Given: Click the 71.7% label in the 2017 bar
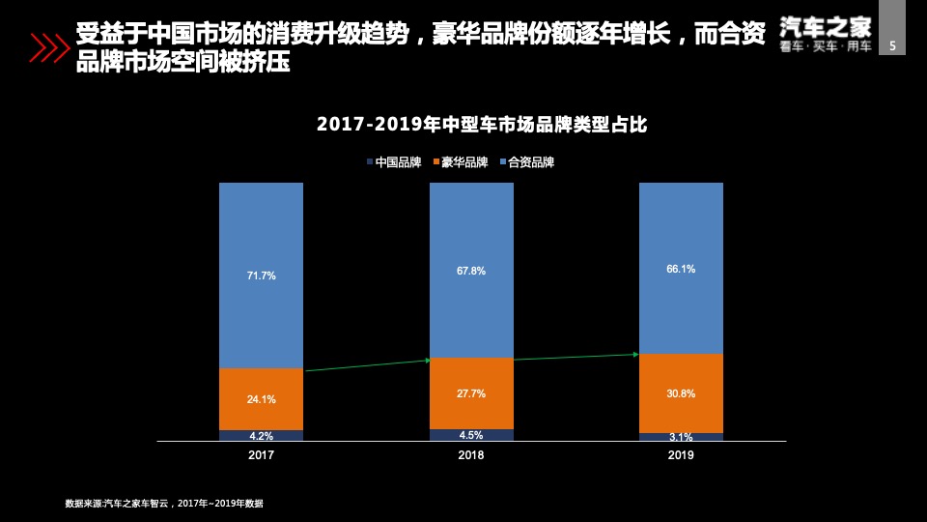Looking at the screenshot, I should click(x=261, y=275).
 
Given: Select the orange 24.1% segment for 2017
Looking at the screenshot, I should click(x=261, y=399).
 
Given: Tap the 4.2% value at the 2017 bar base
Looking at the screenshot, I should click(x=261, y=436).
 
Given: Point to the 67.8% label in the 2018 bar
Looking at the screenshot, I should click(x=471, y=272).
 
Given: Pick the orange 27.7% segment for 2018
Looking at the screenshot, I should click(x=471, y=393).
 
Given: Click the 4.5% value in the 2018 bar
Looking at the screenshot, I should click(x=471, y=435).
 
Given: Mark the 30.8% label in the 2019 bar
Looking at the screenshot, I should click(x=681, y=393).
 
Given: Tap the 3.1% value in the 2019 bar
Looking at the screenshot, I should click(x=681, y=437).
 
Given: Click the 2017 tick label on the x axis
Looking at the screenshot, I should click(x=261, y=454).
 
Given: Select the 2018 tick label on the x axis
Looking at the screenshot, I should click(x=471, y=454).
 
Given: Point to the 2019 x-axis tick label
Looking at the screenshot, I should click(x=681, y=454).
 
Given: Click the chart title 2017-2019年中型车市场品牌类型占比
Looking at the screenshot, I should click(x=481, y=125).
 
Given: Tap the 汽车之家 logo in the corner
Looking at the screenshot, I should click(x=826, y=35).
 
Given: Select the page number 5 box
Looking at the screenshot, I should click(x=892, y=44).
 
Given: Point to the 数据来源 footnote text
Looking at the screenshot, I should click(x=164, y=503).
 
